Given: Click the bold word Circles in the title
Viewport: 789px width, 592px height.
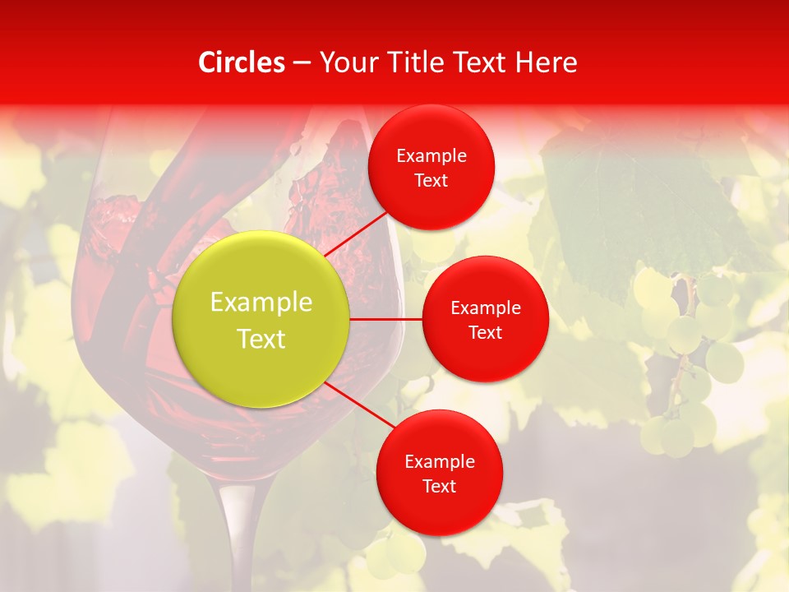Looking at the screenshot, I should click(x=242, y=62).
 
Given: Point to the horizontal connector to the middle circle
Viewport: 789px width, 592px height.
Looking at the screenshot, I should click(x=386, y=319).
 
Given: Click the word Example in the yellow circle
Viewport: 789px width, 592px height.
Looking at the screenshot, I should click(x=261, y=303).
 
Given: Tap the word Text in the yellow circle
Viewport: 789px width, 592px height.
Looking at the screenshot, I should click(x=261, y=339).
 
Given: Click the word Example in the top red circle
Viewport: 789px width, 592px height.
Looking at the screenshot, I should click(x=431, y=156).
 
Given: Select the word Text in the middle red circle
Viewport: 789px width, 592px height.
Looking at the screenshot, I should click(x=485, y=333).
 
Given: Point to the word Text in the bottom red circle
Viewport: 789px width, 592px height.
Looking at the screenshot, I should click(x=439, y=486).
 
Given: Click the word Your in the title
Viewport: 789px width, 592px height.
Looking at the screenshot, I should click(x=345, y=62).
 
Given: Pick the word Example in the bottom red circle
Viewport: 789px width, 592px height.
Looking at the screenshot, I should click(x=439, y=462).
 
